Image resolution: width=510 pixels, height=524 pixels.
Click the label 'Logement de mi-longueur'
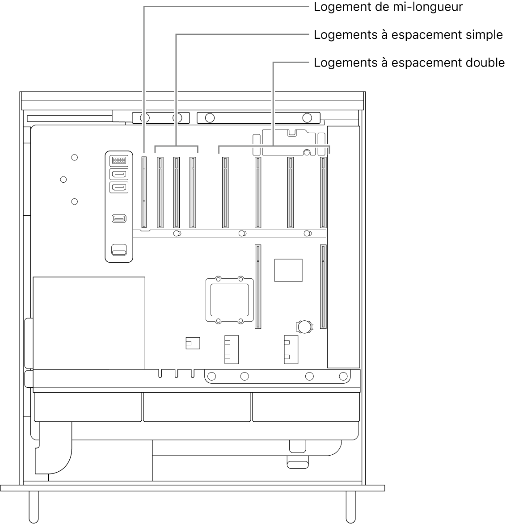388,7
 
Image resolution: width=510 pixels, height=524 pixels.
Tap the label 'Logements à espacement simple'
408,35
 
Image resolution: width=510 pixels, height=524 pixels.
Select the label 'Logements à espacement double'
409,63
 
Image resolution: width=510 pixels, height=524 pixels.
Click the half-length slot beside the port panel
144,192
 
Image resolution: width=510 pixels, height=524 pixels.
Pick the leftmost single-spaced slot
160,192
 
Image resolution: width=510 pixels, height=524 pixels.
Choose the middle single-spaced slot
176,192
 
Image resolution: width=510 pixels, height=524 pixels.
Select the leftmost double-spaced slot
225,192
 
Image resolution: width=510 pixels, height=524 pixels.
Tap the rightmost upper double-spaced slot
323,192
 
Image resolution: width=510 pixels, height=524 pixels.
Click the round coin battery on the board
305,326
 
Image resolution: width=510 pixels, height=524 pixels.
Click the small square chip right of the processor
288,270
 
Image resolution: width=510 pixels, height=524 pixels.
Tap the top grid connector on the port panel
119,160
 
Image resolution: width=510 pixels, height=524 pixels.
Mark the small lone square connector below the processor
192,343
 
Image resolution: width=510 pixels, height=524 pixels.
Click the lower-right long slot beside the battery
323,286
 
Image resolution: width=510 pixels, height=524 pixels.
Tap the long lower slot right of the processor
258,286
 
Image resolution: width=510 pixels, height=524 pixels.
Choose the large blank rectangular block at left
89,323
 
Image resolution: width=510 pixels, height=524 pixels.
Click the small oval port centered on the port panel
119,219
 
